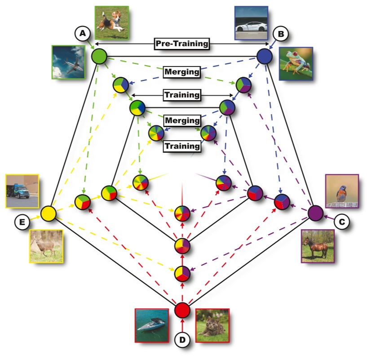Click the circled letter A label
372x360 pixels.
coord(82,33)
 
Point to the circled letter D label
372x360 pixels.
coord(182,340)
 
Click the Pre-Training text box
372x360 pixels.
coord(182,44)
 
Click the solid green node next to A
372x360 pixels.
coord(99,56)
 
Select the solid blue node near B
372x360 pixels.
coord(265,57)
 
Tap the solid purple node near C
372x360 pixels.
coord(316,213)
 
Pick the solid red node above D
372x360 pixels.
coord(182,310)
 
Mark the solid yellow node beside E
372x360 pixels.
coord(48,213)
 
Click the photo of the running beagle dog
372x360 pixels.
coord(112,22)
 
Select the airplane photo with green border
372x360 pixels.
coord(68,62)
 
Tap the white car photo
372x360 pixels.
coord(251,22)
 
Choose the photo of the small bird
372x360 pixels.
coord(342,191)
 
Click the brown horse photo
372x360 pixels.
coord(318,246)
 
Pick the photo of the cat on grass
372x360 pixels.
coord(212,325)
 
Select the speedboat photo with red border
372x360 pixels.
coord(152,325)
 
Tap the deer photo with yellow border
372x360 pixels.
coord(46,246)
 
